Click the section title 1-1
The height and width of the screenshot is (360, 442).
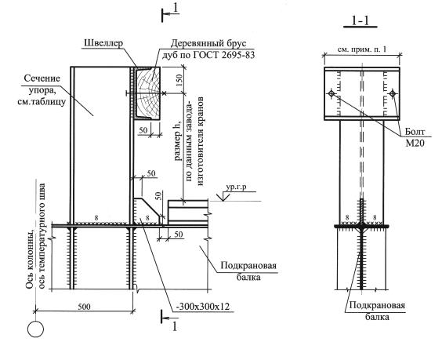pyautogui.click(x=360, y=20)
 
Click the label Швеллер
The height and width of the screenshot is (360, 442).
pyautogui.click(x=103, y=43)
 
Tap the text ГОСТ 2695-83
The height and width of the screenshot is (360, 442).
pyautogui.click(x=224, y=55)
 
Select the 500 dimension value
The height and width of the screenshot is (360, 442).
pyautogui.click(x=84, y=306)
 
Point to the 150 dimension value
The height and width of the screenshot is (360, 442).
pyautogui.click(x=179, y=80)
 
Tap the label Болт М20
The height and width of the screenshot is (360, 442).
pyautogui.click(x=415, y=137)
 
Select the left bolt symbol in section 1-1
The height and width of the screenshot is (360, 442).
pyautogui.click(x=331, y=93)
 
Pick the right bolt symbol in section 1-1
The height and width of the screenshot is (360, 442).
pyautogui.click(x=392, y=93)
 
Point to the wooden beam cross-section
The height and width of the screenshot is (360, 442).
pyautogui.click(x=148, y=93)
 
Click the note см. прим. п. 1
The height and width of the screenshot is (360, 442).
pyautogui.click(x=362, y=49)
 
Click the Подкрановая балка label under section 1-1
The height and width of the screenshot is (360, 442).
pyautogui.click(x=377, y=311)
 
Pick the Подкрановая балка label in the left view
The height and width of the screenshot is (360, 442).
pyautogui.click(x=248, y=271)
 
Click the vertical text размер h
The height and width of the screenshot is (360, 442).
pyautogui.click(x=177, y=142)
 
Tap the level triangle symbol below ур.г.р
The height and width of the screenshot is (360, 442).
pyautogui.click(x=223, y=196)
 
